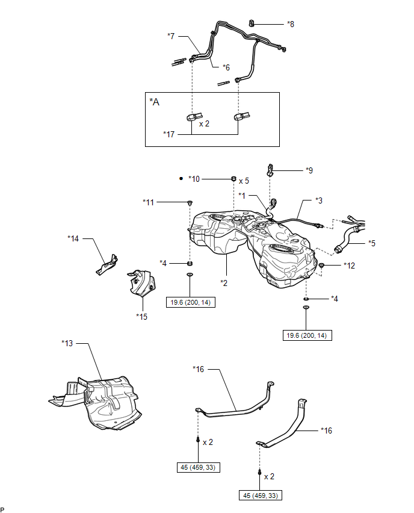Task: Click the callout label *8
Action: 291,24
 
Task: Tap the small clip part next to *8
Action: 252,23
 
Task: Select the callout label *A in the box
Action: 155,102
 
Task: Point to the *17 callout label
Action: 169,134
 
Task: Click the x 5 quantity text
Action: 244,181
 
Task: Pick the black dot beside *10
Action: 181,179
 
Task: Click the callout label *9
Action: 309,170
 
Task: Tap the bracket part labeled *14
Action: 107,264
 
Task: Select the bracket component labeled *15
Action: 141,282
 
